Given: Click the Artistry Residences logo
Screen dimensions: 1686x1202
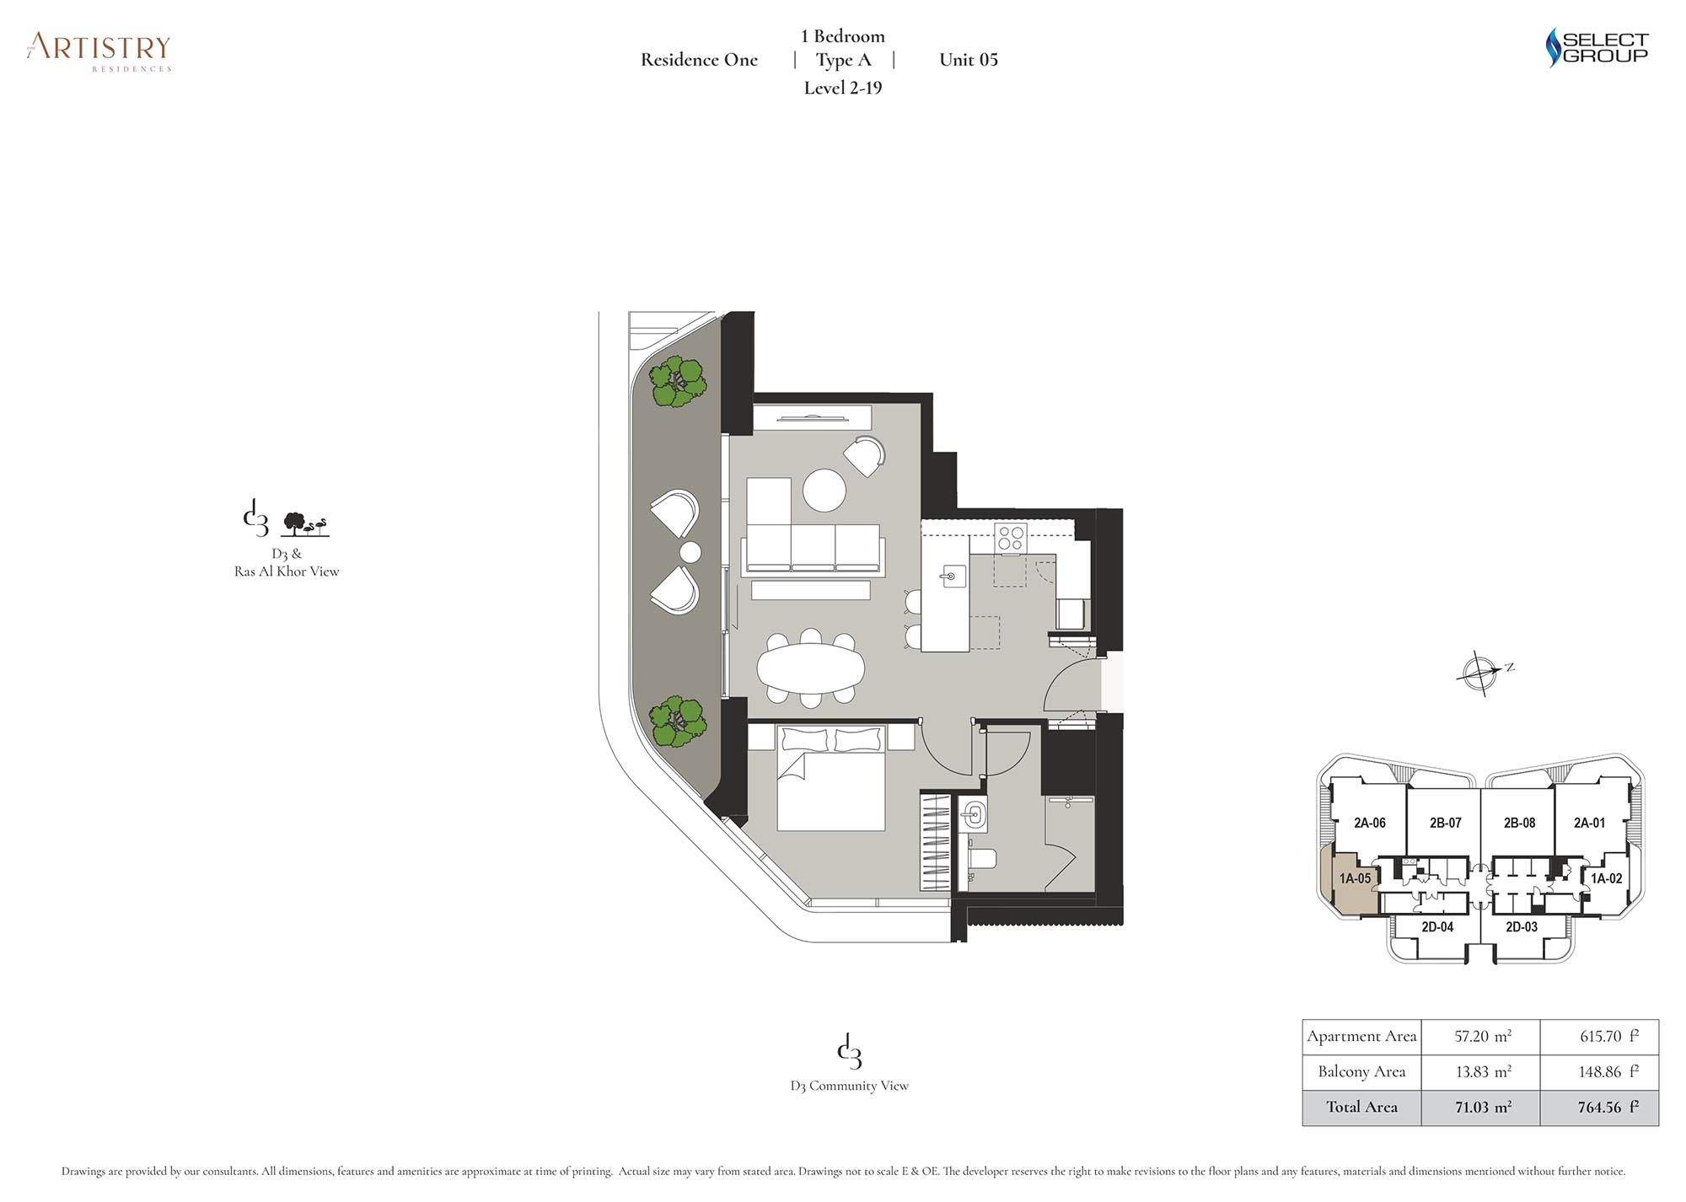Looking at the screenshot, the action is tap(99, 52).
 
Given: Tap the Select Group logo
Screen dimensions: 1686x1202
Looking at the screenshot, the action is tap(1597, 48).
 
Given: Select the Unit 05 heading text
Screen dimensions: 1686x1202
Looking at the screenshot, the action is tap(969, 60).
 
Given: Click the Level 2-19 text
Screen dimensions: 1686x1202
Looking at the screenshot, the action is tap(843, 88).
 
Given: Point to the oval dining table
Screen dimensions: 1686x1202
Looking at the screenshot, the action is tap(811, 670).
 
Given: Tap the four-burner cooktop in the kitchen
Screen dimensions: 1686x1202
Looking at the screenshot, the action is tap(1011, 538).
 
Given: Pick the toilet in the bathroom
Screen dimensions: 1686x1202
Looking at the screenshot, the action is tap(981, 858).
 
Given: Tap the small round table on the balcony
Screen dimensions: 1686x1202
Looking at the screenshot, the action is tap(690, 552).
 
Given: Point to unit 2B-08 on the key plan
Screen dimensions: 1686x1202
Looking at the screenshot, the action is tap(1519, 823).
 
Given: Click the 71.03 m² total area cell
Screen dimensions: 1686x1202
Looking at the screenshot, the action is tap(1482, 1108).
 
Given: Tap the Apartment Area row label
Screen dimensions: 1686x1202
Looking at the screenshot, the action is tap(1361, 1037).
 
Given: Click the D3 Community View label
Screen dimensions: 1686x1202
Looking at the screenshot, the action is tap(850, 1087).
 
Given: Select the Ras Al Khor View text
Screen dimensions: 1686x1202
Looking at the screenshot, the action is tap(287, 571).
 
